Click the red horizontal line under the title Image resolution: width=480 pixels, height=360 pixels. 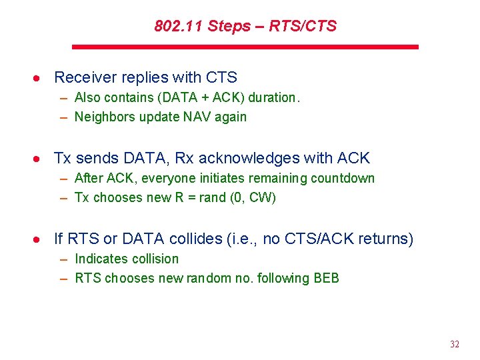point(245,47)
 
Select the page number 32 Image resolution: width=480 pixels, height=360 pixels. point(455,344)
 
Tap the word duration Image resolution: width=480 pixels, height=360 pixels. point(274,97)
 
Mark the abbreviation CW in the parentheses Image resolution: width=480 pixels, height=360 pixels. point(264,198)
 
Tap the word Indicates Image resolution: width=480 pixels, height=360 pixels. point(101,259)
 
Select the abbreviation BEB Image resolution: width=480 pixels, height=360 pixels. point(326,278)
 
